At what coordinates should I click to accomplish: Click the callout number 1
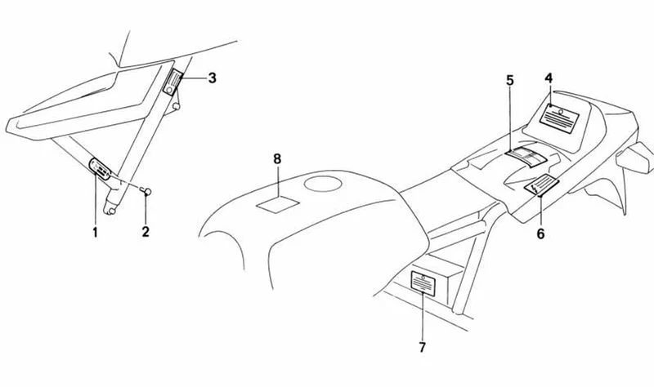95,232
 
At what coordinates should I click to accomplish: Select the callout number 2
146,231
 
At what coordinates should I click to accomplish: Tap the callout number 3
212,78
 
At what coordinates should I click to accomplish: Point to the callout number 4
549,78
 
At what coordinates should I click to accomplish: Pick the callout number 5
510,80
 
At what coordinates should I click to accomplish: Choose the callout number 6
540,234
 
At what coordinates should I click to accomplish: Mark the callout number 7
422,347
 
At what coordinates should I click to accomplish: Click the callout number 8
277,158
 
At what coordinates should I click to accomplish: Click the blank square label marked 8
278,204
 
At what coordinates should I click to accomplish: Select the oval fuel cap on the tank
323,183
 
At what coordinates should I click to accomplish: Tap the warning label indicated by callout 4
558,118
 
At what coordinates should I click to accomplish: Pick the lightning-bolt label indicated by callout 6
542,185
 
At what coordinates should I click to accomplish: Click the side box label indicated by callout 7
423,283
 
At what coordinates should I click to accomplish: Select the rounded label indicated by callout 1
100,168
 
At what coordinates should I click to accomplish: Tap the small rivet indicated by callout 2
146,191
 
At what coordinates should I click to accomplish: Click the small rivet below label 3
177,107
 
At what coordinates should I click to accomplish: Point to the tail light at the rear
635,157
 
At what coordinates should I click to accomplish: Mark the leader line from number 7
423,317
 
